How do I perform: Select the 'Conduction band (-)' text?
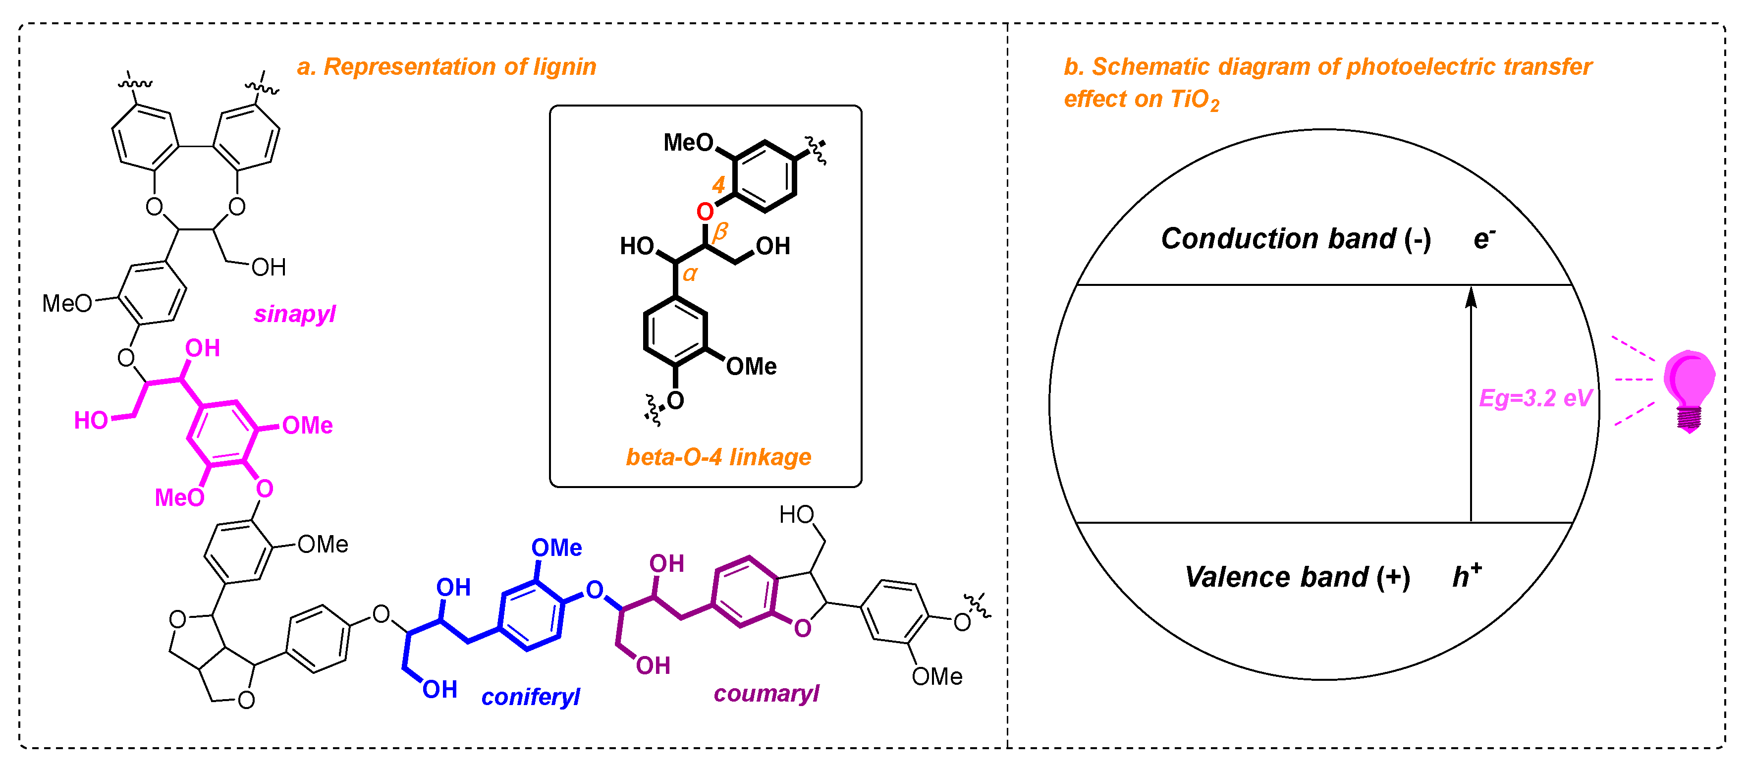tap(1296, 239)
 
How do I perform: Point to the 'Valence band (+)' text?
tap(1297, 577)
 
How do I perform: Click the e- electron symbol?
tap(1485, 238)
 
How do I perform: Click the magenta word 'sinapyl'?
tap(295, 314)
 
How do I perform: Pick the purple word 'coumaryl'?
tap(766, 693)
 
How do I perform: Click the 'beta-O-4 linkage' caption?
tap(718, 457)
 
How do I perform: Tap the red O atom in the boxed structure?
tap(706, 212)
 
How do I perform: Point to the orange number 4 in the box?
tap(718, 185)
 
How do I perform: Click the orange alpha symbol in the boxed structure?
tap(690, 274)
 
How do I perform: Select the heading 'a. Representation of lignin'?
tap(447, 66)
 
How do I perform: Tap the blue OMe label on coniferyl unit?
tap(556, 548)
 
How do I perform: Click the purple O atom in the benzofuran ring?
tap(803, 628)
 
